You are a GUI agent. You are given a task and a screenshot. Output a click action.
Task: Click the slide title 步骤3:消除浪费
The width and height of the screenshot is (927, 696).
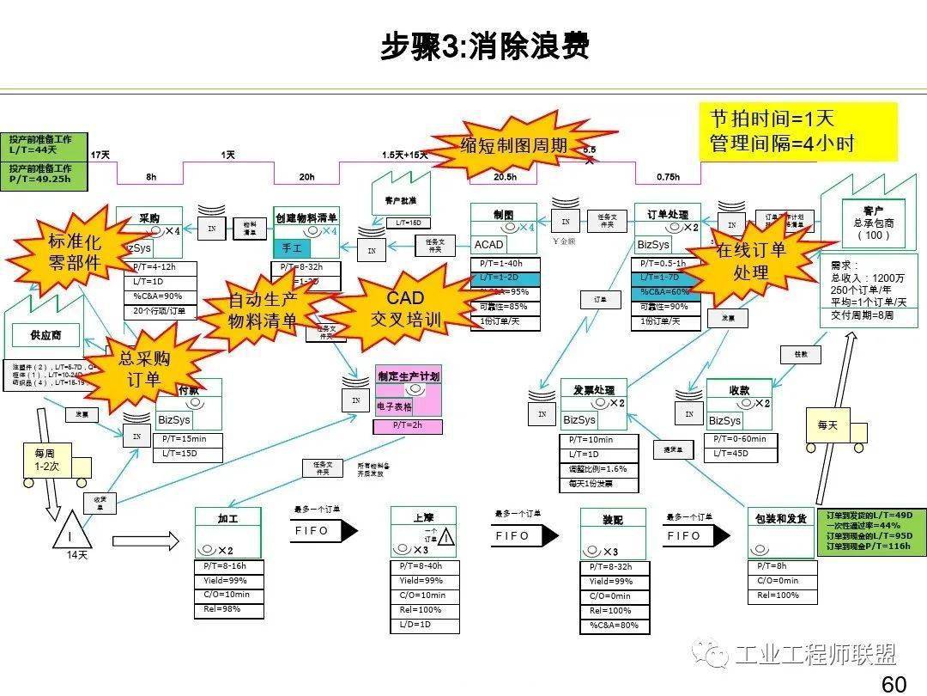point(485,46)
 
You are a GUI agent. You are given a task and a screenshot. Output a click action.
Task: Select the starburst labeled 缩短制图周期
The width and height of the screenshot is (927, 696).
point(514,145)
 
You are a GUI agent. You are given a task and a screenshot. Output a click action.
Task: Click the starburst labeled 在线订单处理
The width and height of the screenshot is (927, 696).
point(750,261)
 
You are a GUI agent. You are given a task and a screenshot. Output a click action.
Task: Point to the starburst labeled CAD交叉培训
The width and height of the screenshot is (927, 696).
point(404,308)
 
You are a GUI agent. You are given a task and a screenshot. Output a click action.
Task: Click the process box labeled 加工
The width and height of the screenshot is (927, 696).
point(227,519)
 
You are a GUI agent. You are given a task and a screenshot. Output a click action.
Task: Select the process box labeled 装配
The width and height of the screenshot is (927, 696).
point(612,521)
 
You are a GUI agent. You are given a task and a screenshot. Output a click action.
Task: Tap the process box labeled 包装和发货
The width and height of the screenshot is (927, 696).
point(780,519)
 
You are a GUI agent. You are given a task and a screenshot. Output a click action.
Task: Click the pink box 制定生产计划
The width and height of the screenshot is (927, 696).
point(408,376)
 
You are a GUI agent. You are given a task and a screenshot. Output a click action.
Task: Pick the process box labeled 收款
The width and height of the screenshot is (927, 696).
point(739,390)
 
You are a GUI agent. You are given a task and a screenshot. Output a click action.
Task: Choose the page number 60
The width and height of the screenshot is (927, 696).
point(894,684)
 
